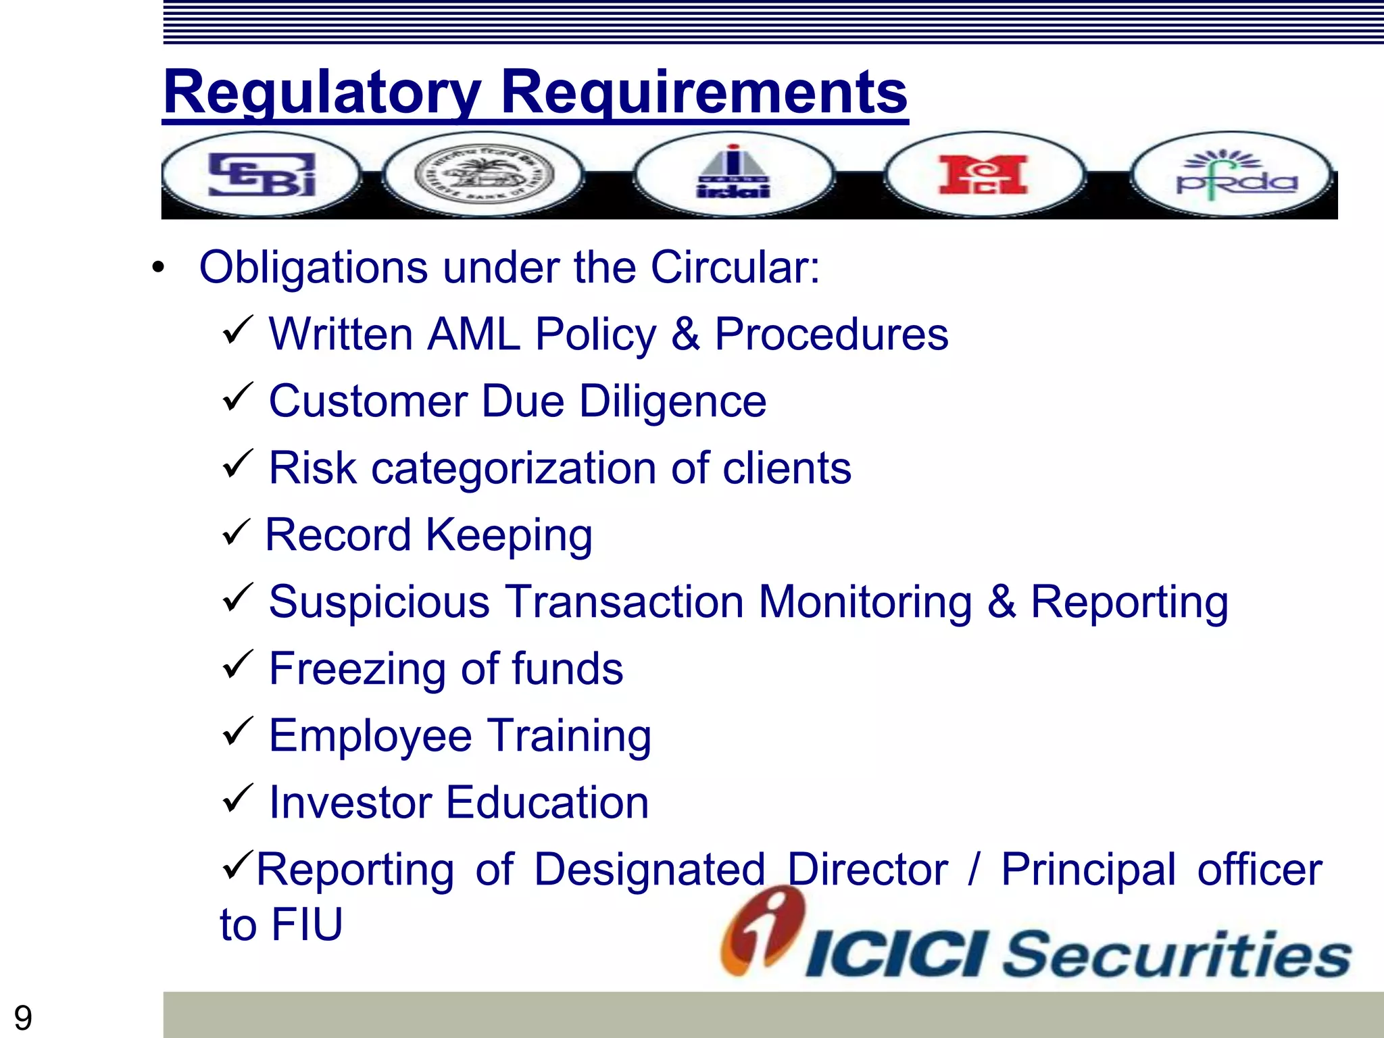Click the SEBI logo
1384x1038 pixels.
click(262, 174)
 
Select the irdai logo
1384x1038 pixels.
click(733, 174)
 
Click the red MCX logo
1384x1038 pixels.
click(983, 174)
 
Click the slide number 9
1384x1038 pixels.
click(23, 1018)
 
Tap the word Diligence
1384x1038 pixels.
click(672, 401)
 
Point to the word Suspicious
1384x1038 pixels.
click(379, 601)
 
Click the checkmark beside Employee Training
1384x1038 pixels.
click(237, 732)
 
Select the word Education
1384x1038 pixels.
click(547, 802)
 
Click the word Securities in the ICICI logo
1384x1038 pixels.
click(1176, 954)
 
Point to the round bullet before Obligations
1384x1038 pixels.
click(158, 268)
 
